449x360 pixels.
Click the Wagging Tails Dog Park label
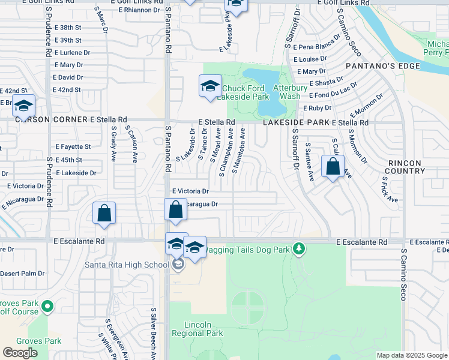tap(247, 249)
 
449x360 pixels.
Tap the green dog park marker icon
tap(298, 249)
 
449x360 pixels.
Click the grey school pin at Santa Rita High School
tap(178, 264)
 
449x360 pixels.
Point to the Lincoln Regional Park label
tap(197, 329)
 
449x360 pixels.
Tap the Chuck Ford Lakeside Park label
tap(246, 92)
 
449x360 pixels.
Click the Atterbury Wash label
tap(286, 92)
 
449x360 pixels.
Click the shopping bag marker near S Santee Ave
tap(333, 167)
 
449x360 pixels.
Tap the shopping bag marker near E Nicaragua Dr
tap(175, 210)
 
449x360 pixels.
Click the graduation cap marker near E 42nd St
tap(23, 106)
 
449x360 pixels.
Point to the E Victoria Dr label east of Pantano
tap(190, 191)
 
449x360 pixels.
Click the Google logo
tap(20, 353)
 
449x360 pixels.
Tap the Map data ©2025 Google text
tap(412, 355)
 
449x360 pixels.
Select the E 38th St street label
tap(67, 28)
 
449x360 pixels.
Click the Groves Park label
tap(40, 341)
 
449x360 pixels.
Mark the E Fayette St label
tap(73, 146)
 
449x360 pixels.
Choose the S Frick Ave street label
tap(390, 190)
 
